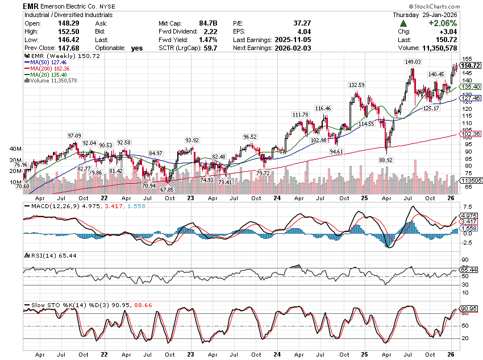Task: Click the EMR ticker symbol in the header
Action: click(32, 6)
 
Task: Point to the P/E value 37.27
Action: click(302, 23)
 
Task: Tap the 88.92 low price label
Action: click(387, 160)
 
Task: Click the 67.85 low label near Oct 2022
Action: click(167, 189)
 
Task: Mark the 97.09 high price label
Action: click(74, 135)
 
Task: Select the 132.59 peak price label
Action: click(356, 85)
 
